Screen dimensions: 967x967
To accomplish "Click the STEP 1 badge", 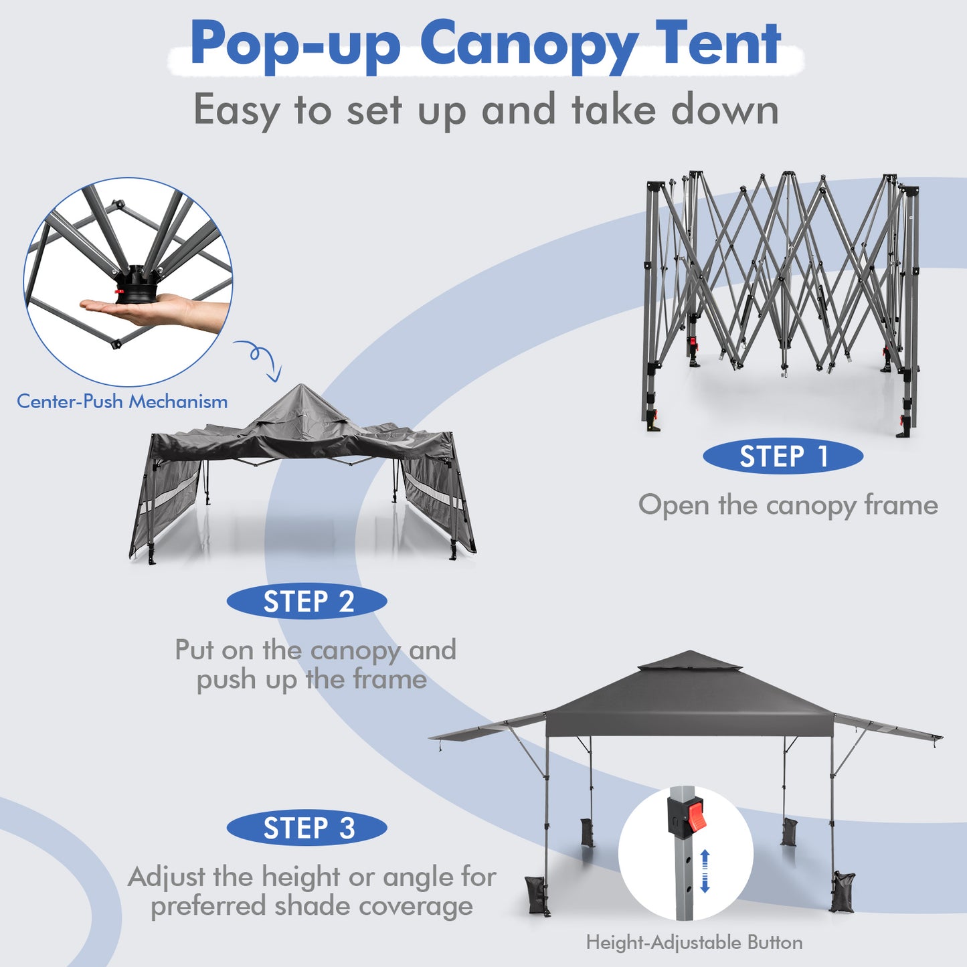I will [782, 456].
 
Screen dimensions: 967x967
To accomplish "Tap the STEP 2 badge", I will [307, 602].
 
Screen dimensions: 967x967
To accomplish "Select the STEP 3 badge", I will [307, 828].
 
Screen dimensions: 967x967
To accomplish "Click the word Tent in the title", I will [717, 44].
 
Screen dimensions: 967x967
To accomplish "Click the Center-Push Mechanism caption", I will [122, 402].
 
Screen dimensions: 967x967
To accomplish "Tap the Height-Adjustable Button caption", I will [694, 942].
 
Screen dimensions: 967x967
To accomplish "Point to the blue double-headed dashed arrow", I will [705, 871].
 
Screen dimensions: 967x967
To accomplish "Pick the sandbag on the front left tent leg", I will [538, 894].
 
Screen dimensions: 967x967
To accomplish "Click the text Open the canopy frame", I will [788, 505].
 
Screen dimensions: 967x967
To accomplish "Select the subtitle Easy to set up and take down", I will [486, 110].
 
